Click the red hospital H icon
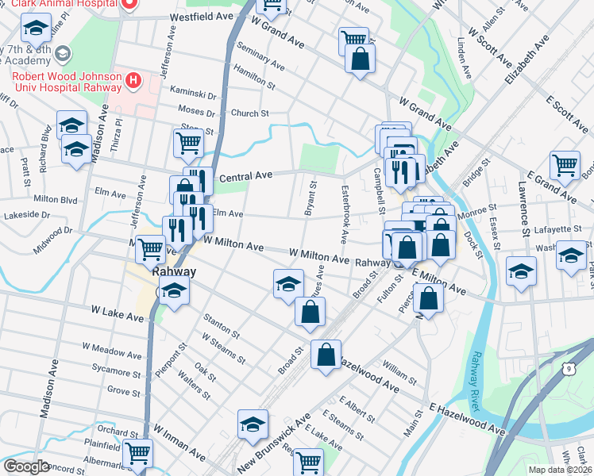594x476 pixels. tap(133, 80)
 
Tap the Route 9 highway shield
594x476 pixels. tap(567, 367)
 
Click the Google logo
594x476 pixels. tap(27, 466)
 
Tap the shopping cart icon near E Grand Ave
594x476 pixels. tap(565, 165)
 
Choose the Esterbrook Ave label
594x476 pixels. tap(345, 214)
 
